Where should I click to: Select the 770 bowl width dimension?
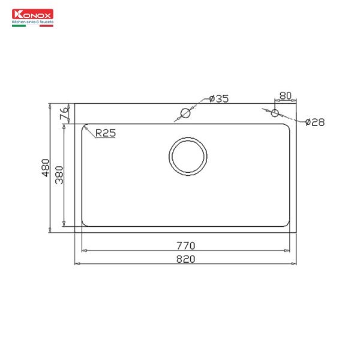[x=187, y=245]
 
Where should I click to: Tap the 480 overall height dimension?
[x=46, y=169]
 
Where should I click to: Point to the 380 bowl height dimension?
[x=59, y=175]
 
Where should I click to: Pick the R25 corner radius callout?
[x=104, y=134]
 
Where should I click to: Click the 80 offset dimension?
[x=285, y=96]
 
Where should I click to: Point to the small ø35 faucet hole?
[x=186, y=113]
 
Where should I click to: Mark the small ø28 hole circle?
[x=275, y=113]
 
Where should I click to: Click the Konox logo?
[x=32, y=14]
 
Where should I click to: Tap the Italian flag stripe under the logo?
[x=32, y=25]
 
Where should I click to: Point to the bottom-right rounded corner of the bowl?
[x=289, y=224]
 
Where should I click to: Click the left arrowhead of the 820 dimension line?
[x=76, y=263]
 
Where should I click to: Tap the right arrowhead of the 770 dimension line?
[x=290, y=250]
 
